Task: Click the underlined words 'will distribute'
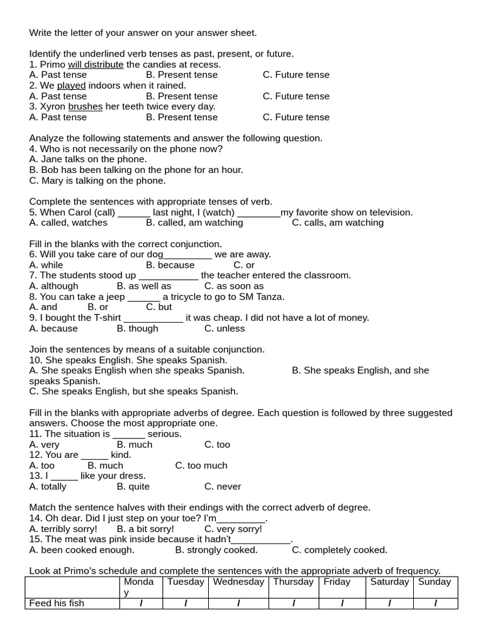click(x=96, y=64)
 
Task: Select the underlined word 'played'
click(x=71, y=86)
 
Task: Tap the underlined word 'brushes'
click(x=85, y=106)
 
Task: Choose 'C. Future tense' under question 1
click(x=296, y=75)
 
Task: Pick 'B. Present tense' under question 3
click(x=181, y=117)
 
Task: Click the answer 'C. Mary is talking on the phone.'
click(x=97, y=180)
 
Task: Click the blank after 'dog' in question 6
click(x=187, y=255)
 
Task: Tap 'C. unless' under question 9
click(x=225, y=328)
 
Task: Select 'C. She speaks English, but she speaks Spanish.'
click(x=134, y=391)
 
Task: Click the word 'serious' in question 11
click(x=164, y=434)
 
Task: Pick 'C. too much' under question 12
click(x=201, y=465)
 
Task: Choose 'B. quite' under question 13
click(x=133, y=487)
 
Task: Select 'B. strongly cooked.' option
click(x=216, y=550)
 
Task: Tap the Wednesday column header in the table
click(x=238, y=582)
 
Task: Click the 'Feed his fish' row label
click(x=57, y=604)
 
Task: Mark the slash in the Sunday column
click(x=435, y=604)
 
